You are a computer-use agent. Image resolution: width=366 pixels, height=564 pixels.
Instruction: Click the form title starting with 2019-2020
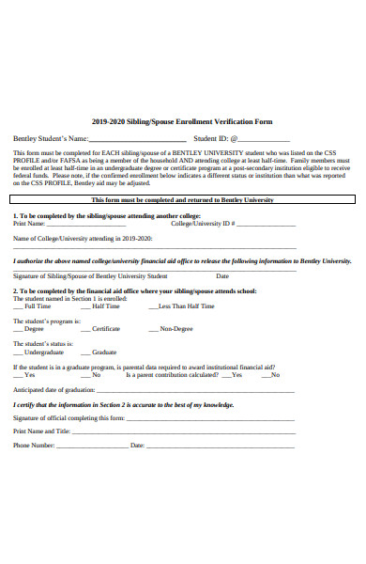pyautogui.click(x=182, y=121)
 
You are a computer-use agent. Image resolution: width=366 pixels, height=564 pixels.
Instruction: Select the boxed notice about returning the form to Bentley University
pyautogui.click(x=182, y=200)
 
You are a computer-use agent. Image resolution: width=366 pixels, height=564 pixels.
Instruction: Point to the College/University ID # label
pyautogui.click(x=203, y=224)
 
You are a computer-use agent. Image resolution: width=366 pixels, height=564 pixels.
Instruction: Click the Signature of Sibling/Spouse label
pyautogui.click(x=90, y=276)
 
